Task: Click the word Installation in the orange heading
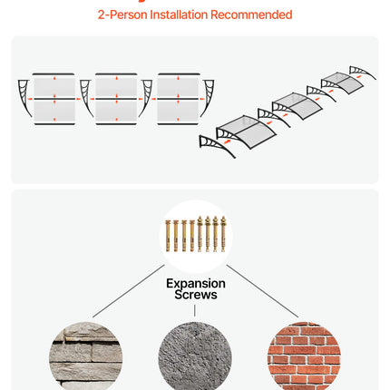(x=179, y=15)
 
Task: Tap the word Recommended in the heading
(x=251, y=15)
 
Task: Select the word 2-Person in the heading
(x=122, y=15)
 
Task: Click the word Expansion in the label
(x=196, y=284)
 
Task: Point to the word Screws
(x=196, y=295)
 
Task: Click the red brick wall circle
(x=304, y=356)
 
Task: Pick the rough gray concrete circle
(x=195, y=356)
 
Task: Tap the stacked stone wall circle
(x=85, y=356)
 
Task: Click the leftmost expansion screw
(x=168, y=236)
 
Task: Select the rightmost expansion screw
(x=223, y=234)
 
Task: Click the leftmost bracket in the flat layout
(x=24, y=97)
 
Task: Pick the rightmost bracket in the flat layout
(x=209, y=97)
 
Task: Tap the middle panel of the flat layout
(x=116, y=99)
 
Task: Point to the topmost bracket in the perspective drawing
(x=363, y=73)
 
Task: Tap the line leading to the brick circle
(x=262, y=291)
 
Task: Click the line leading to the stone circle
(x=129, y=291)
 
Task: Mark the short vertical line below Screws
(x=195, y=310)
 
